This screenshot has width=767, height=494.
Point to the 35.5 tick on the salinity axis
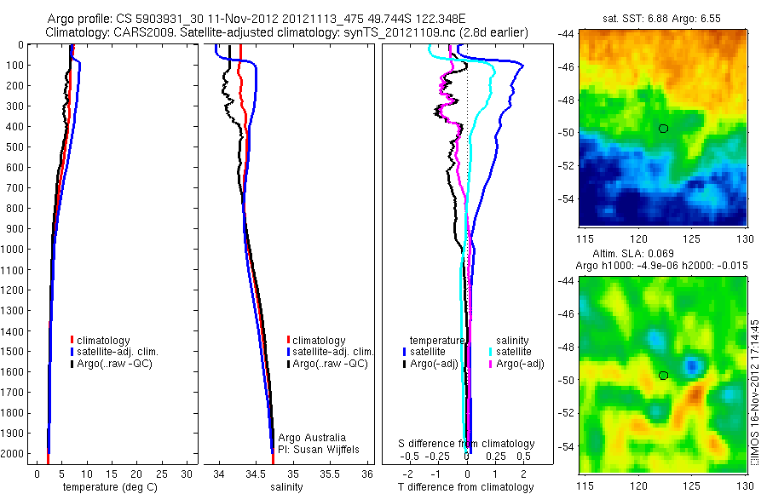point(330,473)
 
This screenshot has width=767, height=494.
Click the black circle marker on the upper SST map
point(664,128)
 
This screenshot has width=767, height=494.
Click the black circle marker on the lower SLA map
point(664,376)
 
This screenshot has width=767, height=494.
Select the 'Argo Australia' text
point(312,437)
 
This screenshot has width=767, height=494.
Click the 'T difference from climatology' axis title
point(467,487)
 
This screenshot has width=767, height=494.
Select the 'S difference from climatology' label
point(467,444)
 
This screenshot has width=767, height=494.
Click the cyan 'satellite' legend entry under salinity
point(513,351)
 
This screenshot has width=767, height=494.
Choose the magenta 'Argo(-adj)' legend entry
point(516,364)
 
